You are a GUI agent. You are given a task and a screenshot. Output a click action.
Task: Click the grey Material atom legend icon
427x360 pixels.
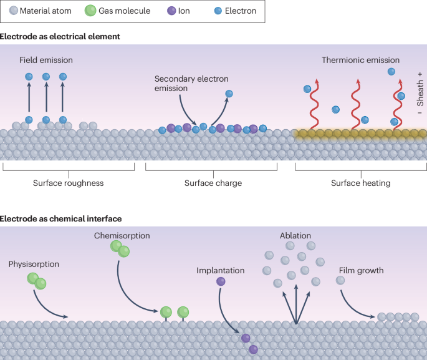(12, 11)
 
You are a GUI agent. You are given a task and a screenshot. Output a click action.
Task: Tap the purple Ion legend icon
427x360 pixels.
(172, 11)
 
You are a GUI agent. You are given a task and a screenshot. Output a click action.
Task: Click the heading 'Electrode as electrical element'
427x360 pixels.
(60, 37)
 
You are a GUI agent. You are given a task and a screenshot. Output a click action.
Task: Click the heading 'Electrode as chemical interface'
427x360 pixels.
(61, 218)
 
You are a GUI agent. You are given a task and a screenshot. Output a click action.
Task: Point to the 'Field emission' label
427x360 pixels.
(47, 61)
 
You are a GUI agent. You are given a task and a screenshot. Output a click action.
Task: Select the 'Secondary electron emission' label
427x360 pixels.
(191, 84)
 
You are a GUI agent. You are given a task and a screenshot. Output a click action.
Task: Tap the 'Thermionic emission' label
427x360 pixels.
(360, 61)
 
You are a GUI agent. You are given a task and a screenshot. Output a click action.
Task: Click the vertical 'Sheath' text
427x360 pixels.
(420, 93)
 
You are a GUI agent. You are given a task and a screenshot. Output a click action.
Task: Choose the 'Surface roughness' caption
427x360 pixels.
(68, 183)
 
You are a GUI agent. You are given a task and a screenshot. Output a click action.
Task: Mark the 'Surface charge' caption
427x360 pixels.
(213, 183)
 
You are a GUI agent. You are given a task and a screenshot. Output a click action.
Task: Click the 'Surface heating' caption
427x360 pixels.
(360, 183)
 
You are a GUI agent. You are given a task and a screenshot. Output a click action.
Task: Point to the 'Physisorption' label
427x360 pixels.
(34, 264)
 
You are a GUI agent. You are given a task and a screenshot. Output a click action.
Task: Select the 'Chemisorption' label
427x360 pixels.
(122, 236)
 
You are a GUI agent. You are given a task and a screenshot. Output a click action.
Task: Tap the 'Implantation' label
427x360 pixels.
(220, 271)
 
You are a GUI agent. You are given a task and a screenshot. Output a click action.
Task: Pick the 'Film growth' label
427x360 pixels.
(361, 271)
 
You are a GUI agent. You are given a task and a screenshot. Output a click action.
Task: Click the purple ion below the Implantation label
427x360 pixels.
(221, 281)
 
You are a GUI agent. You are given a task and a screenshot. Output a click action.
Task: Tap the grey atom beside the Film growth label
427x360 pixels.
(340, 281)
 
